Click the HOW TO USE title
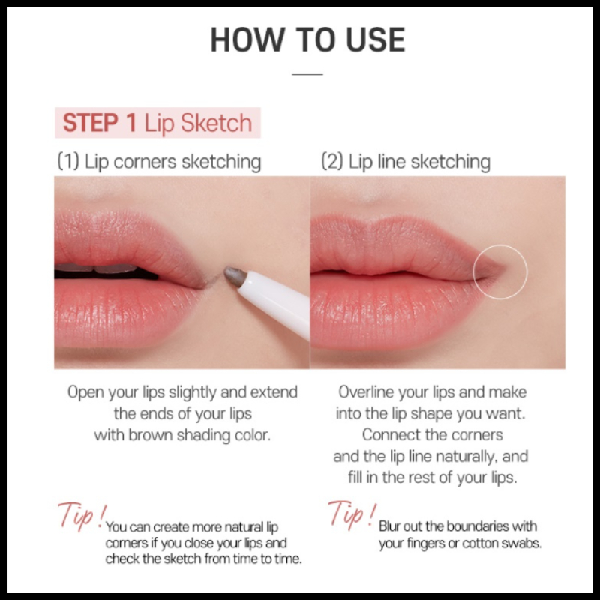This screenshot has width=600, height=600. (307, 40)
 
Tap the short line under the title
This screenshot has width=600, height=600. (307, 73)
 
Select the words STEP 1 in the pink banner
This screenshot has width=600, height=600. (100, 123)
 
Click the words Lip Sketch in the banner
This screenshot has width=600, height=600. (198, 124)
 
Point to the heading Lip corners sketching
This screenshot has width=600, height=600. (159, 161)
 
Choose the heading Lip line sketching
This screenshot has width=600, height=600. (406, 161)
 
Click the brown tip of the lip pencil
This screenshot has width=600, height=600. (234, 276)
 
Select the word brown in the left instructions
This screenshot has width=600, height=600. (150, 435)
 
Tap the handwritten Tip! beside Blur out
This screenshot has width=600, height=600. (352, 514)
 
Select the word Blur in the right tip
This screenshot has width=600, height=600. (389, 526)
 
